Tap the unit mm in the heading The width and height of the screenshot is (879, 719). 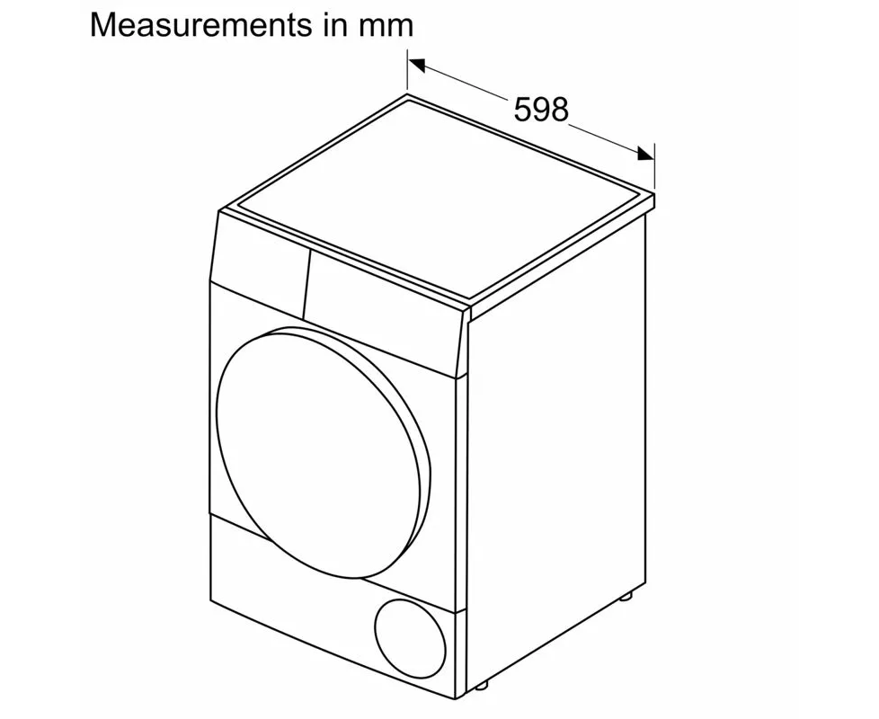click(x=386, y=26)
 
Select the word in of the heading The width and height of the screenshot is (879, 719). click(x=332, y=24)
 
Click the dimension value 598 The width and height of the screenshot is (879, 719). click(x=541, y=110)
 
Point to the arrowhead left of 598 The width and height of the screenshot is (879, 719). click(x=415, y=64)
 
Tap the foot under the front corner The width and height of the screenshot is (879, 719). click(x=482, y=707)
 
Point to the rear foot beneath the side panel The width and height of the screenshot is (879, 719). click(x=626, y=595)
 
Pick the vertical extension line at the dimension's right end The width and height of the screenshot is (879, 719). click(x=654, y=166)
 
